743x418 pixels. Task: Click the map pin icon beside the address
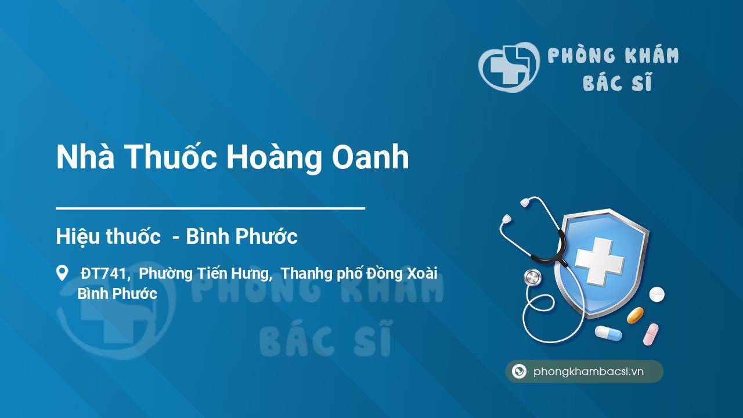point(62,273)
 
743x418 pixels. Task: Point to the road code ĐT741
point(104,273)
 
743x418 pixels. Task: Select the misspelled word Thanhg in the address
point(306,274)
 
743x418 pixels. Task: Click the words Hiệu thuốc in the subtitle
point(108,236)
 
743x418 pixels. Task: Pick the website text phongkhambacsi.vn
point(589,372)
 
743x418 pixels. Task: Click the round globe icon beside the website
point(519,371)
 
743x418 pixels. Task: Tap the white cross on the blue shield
point(600,261)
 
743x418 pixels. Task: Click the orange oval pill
point(635,315)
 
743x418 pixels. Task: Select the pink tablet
point(651,334)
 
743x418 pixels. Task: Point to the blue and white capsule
point(608,333)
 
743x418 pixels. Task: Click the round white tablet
point(657,294)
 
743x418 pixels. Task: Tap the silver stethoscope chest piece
point(532,278)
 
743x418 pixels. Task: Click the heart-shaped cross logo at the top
point(509,67)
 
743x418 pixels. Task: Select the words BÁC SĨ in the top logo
point(618,82)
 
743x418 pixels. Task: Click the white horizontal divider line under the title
point(210,208)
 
